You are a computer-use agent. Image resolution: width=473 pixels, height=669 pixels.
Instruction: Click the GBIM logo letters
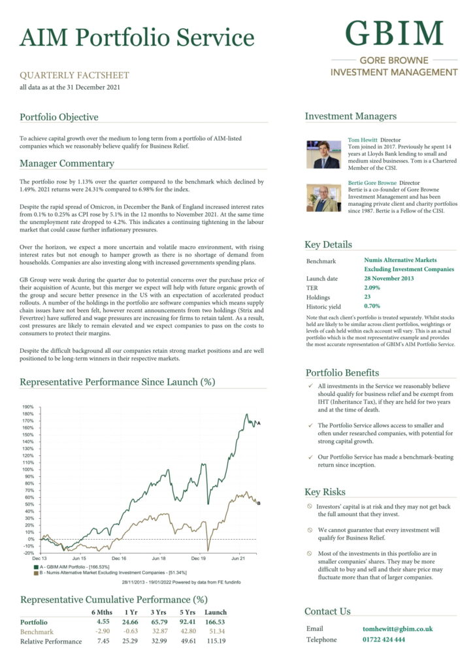coord(394,33)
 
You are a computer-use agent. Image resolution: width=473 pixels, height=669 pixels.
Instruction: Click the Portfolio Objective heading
coord(59,118)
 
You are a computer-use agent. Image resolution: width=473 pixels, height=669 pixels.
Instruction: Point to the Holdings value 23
coord(368,297)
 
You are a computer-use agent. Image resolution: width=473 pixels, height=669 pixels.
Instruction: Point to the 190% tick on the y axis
coord(27,406)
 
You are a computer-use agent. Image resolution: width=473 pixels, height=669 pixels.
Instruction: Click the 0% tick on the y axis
coord(30,539)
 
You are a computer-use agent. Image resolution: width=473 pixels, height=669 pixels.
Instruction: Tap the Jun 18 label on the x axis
coord(159,559)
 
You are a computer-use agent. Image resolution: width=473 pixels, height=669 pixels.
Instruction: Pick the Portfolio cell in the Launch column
coord(214,623)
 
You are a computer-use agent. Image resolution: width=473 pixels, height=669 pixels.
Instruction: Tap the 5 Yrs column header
coord(188,612)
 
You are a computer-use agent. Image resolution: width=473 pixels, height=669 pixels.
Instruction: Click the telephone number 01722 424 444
coord(383,640)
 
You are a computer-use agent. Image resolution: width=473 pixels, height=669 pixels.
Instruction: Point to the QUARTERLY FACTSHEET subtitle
coord(74,76)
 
